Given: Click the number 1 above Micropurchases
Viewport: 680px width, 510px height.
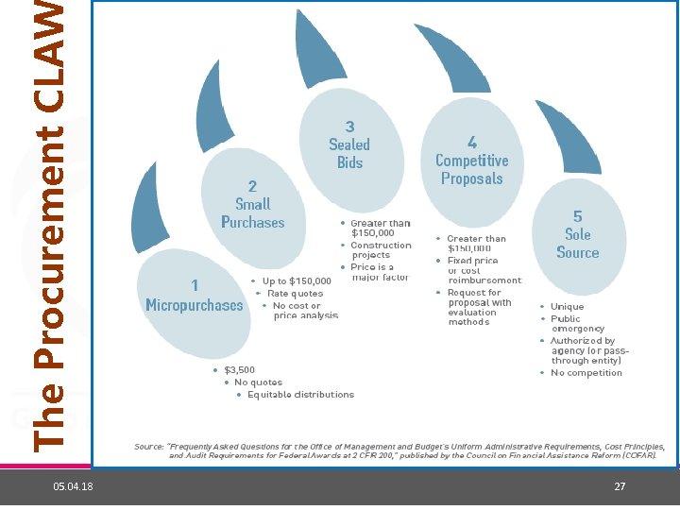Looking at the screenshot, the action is pos(195,285).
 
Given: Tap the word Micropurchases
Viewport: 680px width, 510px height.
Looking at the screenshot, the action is pos(195,305).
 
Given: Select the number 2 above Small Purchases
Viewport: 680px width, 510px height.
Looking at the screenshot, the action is pos(252,185).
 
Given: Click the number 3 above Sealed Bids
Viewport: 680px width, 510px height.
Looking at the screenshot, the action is pos(349,126).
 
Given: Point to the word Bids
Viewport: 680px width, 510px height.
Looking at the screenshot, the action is pos(349,162).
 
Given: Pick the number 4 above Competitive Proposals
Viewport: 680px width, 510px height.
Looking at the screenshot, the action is pos(471,142).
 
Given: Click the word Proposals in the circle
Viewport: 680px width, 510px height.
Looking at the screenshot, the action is pos(471,178).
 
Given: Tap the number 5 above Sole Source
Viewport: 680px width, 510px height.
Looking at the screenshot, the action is pos(577,216).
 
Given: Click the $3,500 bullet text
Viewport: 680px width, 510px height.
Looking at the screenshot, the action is pos(240,369).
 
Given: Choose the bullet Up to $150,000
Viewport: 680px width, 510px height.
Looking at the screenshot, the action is pos(297,280).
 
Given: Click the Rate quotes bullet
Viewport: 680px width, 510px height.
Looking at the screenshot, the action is pos(295,293).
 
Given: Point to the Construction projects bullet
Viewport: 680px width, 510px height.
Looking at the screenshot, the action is pos(381,249).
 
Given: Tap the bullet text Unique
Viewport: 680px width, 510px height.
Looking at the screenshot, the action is pos(567,306).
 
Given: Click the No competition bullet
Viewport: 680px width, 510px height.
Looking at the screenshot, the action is pos(586,372).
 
